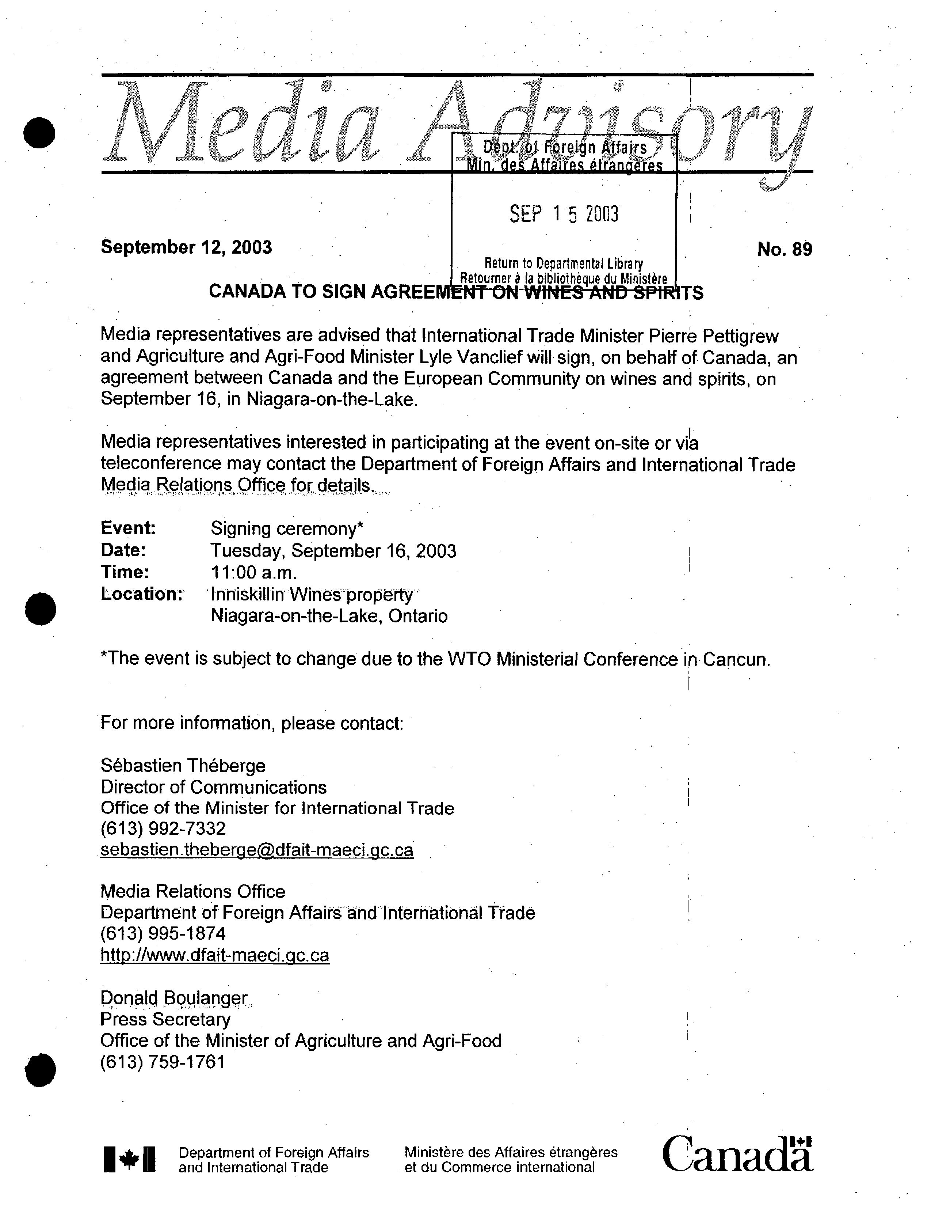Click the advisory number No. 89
(784, 250)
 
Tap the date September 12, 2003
(186, 247)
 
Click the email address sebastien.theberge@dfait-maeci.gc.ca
(256, 850)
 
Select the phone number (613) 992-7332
(163, 829)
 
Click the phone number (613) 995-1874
(163, 934)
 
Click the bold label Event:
(128, 528)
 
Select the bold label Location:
(141, 594)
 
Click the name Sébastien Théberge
(183, 766)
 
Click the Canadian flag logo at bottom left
(129, 1159)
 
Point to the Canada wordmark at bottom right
(737, 1155)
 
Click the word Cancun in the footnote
(736, 660)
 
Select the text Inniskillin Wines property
(312, 594)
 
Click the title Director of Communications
(213, 787)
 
